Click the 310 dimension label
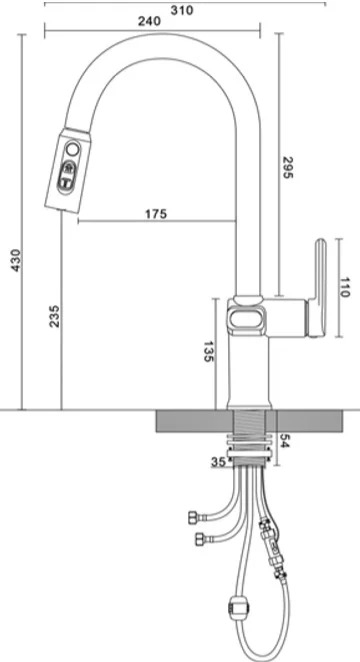click(182, 10)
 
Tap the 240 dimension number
click(149, 22)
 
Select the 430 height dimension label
click(16, 260)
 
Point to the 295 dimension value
click(287, 167)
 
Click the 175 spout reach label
click(156, 214)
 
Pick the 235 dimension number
click(55, 316)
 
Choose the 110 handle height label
click(345, 288)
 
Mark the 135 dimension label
click(208, 351)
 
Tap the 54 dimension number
click(284, 441)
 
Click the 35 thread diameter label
click(219, 462)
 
